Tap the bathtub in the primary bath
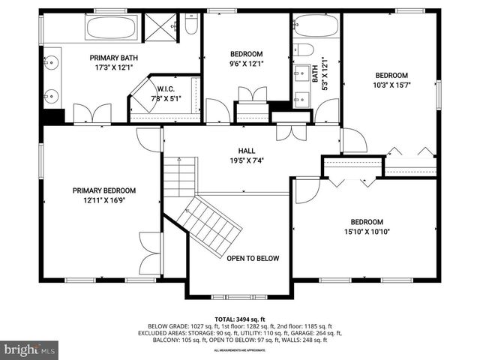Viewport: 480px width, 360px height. pyautogui.click(x=112, y=28)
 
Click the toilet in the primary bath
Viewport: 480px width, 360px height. pyautogui.click(x=190, y=27)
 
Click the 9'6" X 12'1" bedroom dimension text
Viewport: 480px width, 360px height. pyautogui.click(x=246, y=64)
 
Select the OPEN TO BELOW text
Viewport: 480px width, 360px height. pyautogui.click(x=253, y=259)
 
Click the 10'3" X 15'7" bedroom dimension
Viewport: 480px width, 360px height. pyautogui.click(x=391, y=85)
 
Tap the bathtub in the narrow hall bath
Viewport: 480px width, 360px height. pyautogui.click(x=316, y=27)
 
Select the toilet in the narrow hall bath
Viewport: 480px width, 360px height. pyautogui.click(x=304, y=49)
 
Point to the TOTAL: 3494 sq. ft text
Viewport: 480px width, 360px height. pyautogui.click(x=240, y=319)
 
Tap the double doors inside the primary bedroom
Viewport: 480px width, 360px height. pyautogui.click(x=151, y=253)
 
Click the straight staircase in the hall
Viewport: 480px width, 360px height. pyautogui.click(x=180, y=177)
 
